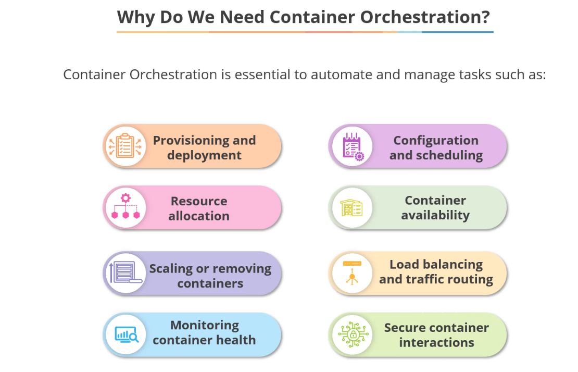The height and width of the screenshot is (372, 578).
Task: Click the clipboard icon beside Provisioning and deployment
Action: [x=124, y=146]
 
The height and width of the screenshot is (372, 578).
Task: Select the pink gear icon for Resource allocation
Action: [x=125, y=207]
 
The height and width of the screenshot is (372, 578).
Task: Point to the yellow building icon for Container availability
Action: [x=352, y=207]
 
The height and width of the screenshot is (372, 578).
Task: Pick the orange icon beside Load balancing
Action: [x=352, y=272]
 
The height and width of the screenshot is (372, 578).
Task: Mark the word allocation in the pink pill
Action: [x=199, y=216]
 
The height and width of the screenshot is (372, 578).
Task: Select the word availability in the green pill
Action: [x=435, y=215]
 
